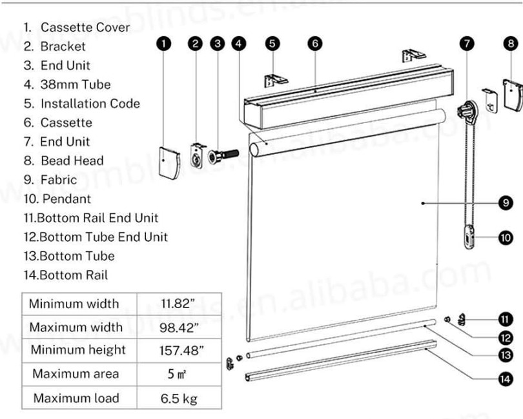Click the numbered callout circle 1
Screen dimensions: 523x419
[163, 44]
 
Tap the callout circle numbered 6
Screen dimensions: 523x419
[315, 44]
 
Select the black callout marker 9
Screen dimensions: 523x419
[506, 202]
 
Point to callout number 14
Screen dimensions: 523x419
[506, 378]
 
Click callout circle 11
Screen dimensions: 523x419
[506, 320]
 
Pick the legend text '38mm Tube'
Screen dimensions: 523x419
[76, 84]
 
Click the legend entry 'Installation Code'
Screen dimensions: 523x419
[90, 103]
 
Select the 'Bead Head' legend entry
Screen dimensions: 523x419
[72, 161]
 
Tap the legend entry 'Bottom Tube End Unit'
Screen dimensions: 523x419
[103, 237]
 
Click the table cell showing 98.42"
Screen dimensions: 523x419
[179, 327]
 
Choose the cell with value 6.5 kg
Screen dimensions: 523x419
[179, 398]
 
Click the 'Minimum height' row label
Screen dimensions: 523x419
[78, 350]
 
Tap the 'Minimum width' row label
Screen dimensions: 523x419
[74, 304]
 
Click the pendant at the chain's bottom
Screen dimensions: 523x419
[469, 237]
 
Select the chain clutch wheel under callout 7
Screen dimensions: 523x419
[467, 110]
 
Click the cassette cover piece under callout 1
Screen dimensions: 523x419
[170, 163]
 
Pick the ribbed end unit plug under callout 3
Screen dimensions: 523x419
[223, 156]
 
